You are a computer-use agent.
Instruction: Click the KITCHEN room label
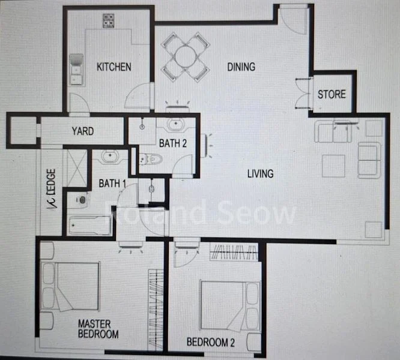click(x=114, y=67)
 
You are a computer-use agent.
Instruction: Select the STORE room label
click(x=332, y=94)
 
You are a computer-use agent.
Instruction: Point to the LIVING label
click(x=260, y=174)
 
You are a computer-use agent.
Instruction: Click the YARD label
click(x=82, y=131)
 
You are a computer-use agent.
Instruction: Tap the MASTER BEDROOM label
click(x=98, y=329)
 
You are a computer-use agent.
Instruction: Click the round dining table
click(x=185, y=56)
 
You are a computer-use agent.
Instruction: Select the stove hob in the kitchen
click(x=109, y=22)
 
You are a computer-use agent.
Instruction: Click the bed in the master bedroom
click(x=71, y=286)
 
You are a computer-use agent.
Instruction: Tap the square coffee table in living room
click(x=333, y=166)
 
